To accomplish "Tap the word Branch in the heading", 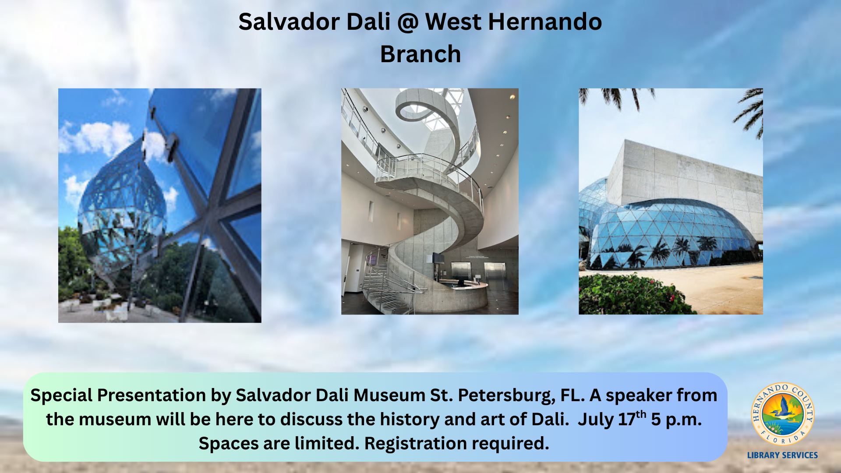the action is [420, 54].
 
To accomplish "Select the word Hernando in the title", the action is [545, 21].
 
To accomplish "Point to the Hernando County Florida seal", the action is [782, 414].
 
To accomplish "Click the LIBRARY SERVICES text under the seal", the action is [782, 455].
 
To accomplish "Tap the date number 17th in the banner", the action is [632, 419].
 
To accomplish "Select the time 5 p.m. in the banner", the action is [676, 420].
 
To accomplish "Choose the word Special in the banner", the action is [61, 395].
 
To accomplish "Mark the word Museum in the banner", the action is [389, 395].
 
